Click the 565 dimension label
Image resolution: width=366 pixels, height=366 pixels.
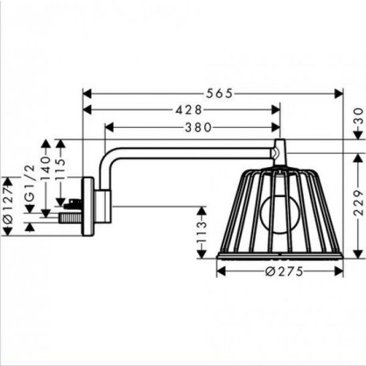[220, 94]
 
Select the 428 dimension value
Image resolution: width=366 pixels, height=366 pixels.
[188, 110]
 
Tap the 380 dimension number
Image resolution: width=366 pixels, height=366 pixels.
[198, 128]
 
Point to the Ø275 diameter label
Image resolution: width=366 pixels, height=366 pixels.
[285, 271]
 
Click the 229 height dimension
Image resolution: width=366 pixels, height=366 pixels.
[359, 202]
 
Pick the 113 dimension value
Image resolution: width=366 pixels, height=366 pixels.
[202, 232]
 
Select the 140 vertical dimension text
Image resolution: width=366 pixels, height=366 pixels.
[45, 168]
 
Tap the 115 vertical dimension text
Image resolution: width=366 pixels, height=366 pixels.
[61, 169]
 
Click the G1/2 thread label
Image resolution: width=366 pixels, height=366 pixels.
[30, 183]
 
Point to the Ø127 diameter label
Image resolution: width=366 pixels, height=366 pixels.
[7, 206]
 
